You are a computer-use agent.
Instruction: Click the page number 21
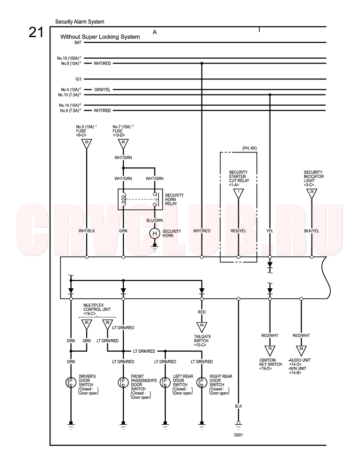tap(36, 32)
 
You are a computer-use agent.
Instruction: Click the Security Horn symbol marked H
tap(154, 233)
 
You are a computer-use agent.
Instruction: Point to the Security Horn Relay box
tap(140, 199)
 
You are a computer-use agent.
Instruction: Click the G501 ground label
tap(239, 435)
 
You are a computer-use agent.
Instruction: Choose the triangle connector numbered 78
tap(270, 350)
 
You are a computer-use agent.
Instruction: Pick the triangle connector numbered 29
tap(312, 194)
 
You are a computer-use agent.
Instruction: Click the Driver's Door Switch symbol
tap(71, 382)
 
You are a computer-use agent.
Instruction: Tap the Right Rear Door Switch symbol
tap(202, 382)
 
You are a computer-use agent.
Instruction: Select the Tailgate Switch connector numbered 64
tap(202, 327)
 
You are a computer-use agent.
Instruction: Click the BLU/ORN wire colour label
tap(155, 221)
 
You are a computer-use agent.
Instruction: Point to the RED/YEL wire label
tap(239, 231)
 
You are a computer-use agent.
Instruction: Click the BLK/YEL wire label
tap(312, 231)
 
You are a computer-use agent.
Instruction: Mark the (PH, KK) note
tap(250, 148)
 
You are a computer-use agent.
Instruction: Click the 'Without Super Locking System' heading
tap(100, 37)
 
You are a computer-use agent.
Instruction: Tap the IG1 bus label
tap(79, 79)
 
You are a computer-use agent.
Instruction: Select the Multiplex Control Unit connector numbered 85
tap(87, 325)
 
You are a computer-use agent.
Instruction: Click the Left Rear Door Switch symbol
tap(165, 382)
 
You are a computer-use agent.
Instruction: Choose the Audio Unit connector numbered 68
tap(301, 350)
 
